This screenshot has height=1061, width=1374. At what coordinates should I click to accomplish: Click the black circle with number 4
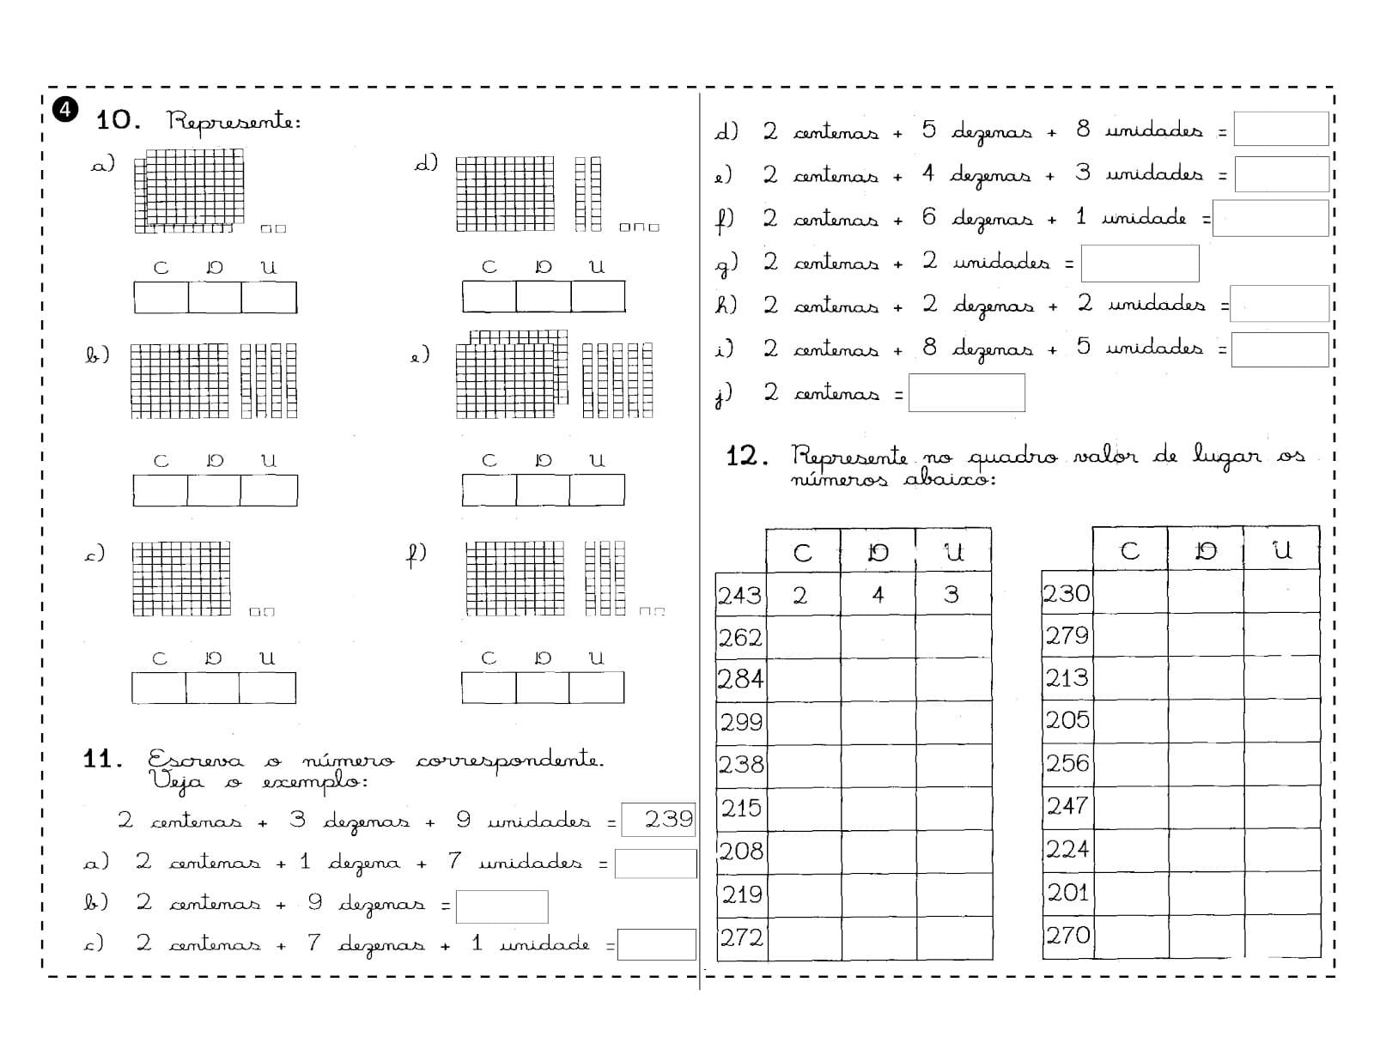[x=64, y=111]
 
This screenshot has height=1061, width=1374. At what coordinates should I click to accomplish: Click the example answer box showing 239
[x=658, y=819]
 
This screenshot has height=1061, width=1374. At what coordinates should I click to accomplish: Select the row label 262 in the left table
[x=740, y=638]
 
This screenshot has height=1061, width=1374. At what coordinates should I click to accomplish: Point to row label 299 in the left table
[x=741, y=722]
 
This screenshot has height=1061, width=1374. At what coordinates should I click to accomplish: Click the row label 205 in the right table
[x=1067, y=720]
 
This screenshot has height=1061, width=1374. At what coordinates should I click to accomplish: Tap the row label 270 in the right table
[x=1067, y=935]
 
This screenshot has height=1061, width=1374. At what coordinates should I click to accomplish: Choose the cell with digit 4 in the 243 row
[x=878, y=594]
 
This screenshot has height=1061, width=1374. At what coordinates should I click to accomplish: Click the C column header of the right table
[x=1129, y=551]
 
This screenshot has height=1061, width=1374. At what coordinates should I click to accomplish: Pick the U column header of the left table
[x=953, y=552]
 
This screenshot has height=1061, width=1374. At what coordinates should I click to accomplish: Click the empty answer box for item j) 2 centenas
[x=967, y=392]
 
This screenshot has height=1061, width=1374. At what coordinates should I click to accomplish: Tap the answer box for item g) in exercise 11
[x=1140, y=263]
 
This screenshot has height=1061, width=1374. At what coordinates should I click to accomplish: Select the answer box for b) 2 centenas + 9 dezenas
[x=502, y=906]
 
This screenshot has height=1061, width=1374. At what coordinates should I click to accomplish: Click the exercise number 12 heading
[x=747, y=456]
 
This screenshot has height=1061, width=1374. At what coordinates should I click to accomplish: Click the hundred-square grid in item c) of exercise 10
[x=181, y=579]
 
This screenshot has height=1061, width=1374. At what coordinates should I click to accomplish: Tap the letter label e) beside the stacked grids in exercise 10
[x=419, y=355]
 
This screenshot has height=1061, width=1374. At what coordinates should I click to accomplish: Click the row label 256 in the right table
[x=1067, y=763]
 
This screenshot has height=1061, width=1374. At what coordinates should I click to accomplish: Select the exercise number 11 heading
[x=102, y=759]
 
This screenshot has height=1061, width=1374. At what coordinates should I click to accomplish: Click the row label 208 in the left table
[x=741, y=851]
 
